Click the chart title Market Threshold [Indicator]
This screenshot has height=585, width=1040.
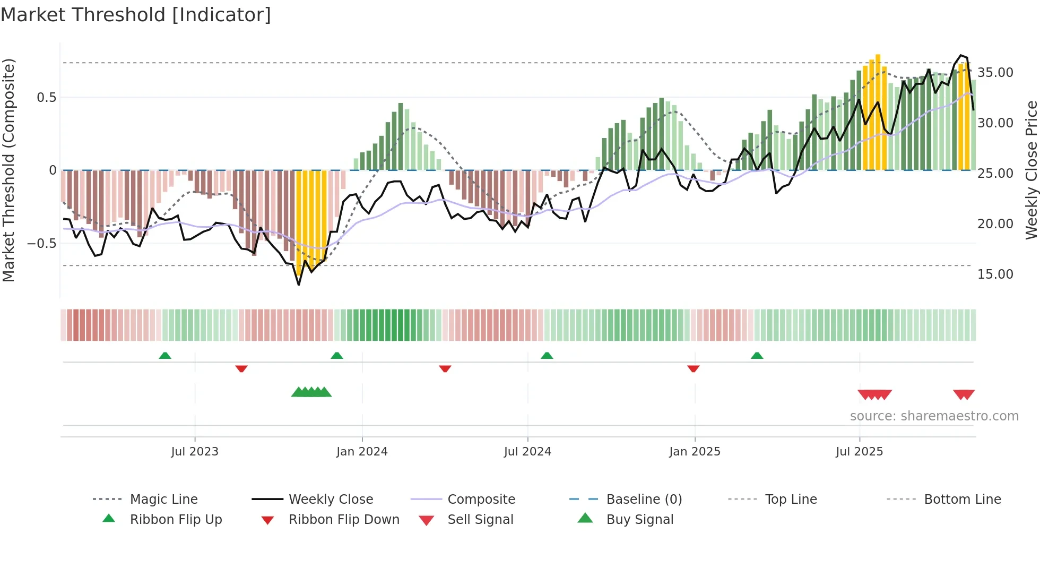click(136, 15)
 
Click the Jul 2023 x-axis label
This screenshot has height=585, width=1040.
click(195, 452)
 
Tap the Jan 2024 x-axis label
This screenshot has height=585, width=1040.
click(362, 452)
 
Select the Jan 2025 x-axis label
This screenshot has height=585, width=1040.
click(695, 452)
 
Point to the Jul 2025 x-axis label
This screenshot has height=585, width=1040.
click(859, 452)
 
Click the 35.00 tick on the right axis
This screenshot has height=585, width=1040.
click(995, 73)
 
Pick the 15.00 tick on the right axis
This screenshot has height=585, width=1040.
click(995, 274)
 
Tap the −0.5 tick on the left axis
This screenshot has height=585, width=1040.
click(41, 244)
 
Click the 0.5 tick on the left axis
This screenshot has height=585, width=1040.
click(46, 98)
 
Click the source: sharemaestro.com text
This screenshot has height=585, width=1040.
click(934, 416)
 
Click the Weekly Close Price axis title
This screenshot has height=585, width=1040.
click(1031, 170)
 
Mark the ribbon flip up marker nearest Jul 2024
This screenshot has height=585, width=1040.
click(547, 356)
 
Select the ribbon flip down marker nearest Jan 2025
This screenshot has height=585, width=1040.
click(693, 368)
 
